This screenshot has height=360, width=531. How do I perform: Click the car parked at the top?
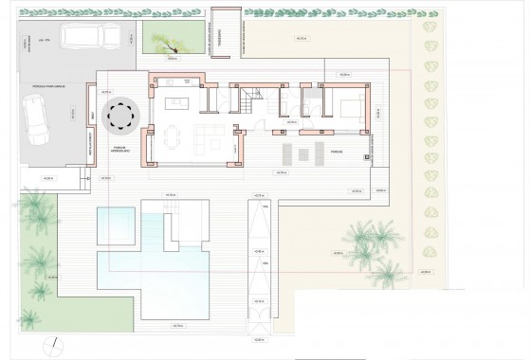[x=92, y=36]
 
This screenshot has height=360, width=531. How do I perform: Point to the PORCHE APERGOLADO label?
[x=121, y=150]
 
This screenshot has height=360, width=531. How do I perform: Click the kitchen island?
[x=177, y=103]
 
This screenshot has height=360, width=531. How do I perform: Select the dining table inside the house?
[x=172, y=138]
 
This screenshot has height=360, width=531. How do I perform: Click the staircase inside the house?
[x=250, y=99]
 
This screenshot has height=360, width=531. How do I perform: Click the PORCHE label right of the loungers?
[x=336, y=151]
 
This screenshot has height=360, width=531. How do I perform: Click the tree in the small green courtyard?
[x=167, y=40]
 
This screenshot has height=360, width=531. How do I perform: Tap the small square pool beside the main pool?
[x=115, y=225]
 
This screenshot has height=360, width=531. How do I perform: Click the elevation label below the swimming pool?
[x=177, y=327]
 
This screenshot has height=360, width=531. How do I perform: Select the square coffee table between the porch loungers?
[x=303, y=153]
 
